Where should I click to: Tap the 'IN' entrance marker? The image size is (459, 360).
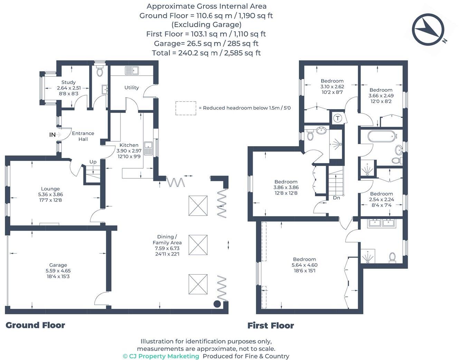(x=52, y=135)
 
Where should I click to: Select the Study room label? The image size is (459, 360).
(x=68, y=82)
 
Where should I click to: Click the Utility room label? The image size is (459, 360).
(x=132, y=87)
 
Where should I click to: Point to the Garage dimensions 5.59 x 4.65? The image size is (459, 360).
(x=58, y=271)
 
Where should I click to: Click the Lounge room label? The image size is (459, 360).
(x=50, y=189)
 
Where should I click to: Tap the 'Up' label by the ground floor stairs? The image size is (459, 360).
(x=93, y=162)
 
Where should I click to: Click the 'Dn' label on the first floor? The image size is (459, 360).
(x=336, y=198)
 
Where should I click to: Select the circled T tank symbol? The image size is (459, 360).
(x=338, y=118)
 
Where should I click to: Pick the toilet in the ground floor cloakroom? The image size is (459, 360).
(x=100, y=71)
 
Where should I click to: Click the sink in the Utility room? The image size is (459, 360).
(x=132, y=70)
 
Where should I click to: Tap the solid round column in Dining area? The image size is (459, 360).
(x=217, y=304)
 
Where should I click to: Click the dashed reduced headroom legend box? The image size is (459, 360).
(x=186, y=108)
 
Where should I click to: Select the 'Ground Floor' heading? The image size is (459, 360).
(x=35, y=325)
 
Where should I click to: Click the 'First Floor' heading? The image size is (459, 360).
(x=270, y=325)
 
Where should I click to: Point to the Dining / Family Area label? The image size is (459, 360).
(x=167, y=239)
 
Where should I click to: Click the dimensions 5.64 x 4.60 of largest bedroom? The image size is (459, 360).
(x=304, y=265)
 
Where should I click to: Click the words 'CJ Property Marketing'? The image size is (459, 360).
(x=164, y=356)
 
